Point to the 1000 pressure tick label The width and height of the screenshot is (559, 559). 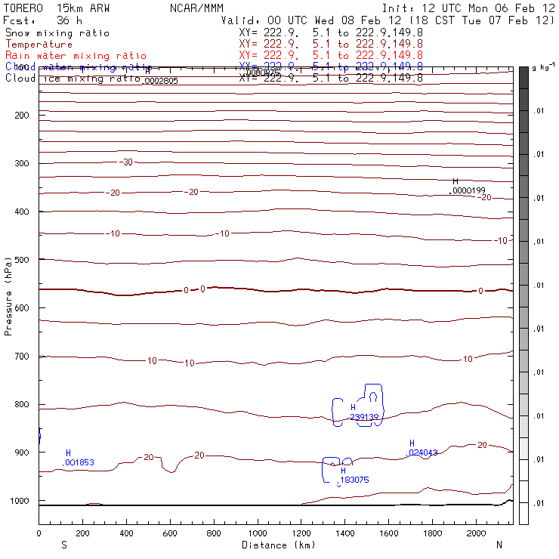coord(20,501)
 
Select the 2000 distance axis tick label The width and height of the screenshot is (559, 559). coord(477,534)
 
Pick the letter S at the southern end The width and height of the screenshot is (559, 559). coord(63,545)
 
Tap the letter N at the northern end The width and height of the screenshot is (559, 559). coord(499,545)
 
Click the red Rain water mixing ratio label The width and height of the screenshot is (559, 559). coord(76,56)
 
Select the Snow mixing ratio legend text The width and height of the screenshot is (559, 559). coord(57,33)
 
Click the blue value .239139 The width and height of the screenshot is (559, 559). coord(364,417)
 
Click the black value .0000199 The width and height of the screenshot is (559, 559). coord(468,191)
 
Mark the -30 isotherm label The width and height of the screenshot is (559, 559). coord(126,162)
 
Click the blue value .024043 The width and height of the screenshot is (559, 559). coord(423,452)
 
